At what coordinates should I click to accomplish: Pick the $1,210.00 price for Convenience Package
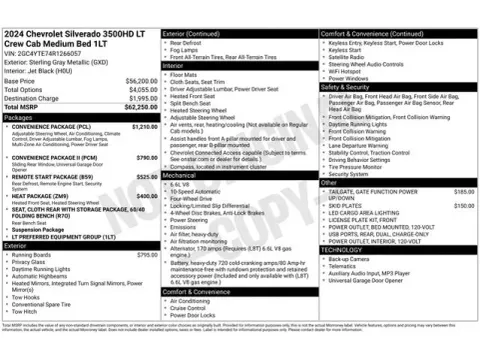click(x=145, y=127)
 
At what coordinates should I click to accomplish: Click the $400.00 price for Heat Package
click(x=146, y=196)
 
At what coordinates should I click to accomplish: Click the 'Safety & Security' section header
click(x=347, y=87)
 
